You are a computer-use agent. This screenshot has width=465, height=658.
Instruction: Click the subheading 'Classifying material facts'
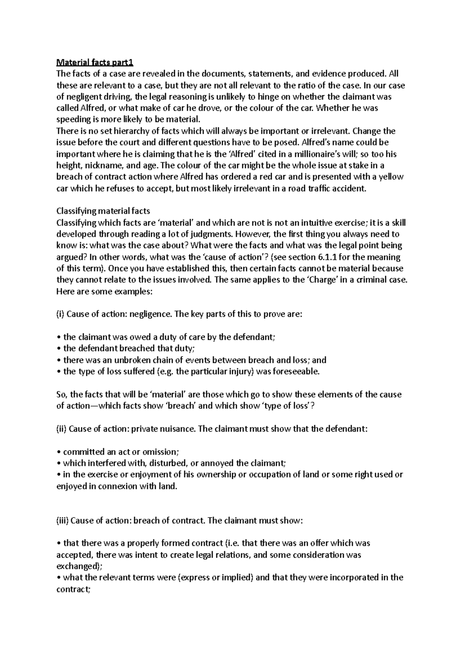click(103, 211)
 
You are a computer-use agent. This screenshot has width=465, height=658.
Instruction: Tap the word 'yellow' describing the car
click(391, 177)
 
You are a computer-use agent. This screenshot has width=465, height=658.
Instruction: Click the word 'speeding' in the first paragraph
click(72, 120)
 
